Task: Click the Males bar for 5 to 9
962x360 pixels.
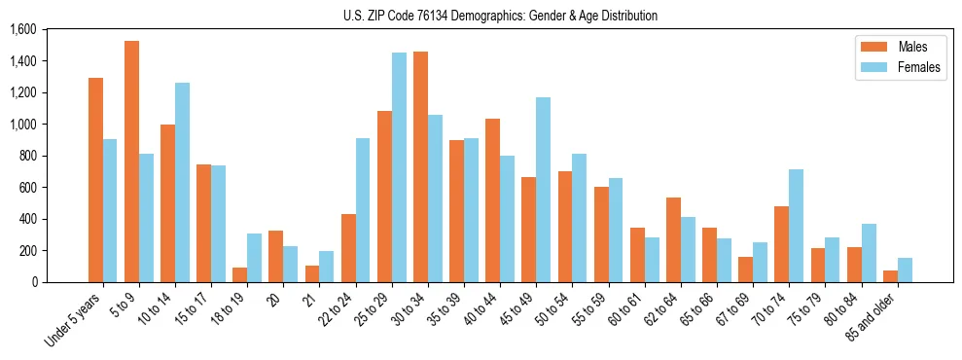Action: [131, 162]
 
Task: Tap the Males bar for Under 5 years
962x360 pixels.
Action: [95, 180]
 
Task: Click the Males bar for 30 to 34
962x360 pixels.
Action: [420, 166]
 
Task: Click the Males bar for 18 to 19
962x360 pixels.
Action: [239, 274]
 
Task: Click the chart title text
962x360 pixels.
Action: [500, 16]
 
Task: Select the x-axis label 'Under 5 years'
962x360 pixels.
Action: [74, 319]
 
